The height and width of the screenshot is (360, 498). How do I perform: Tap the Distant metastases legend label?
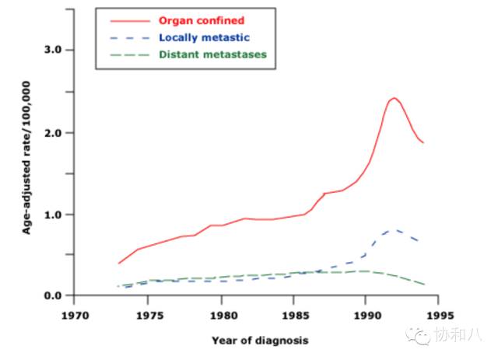(212, 54)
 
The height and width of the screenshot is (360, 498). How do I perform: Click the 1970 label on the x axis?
(76, 317)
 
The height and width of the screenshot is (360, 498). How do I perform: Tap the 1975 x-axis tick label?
(149, 317)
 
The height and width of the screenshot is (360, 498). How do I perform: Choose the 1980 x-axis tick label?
(221, 317)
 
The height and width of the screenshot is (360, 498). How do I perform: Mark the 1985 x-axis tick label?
(293, 317)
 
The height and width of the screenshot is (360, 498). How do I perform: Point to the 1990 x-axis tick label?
(366, 317)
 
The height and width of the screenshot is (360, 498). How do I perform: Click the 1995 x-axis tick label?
(438, 317)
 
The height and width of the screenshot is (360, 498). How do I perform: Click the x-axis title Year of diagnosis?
(260, 341)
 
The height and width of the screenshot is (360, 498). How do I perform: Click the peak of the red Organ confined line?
(395, 98)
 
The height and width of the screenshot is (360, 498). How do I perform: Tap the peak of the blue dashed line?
(395, 229)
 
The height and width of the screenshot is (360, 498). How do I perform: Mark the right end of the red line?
(423, 143)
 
